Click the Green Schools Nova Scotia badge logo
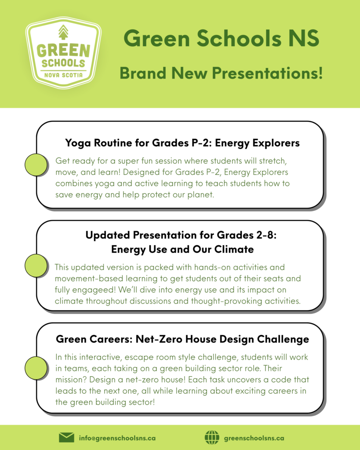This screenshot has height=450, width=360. click(x=63, y=53)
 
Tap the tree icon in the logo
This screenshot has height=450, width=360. click(x=63, y=32)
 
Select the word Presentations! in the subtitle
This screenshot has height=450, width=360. click(x=267, y=73)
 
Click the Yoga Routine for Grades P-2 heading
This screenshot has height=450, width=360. click(x=182, y=143)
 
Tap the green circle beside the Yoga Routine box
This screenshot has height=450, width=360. click(x=36, y=165)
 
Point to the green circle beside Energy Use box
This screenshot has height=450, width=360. click(x=36, y=265)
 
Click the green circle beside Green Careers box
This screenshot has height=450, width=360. click(x=36, y=368)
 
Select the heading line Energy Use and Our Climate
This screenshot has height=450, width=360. click(x=182, y=249)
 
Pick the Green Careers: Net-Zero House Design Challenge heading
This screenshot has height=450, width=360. click(x=182, y=339)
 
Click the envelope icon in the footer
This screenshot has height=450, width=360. click(x=66, y=438)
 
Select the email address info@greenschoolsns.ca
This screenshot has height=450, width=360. click(x=117, y=438)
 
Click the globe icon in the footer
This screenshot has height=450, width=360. click(x=212, y=438)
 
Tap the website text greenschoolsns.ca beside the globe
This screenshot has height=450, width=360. click(x=254, y=438)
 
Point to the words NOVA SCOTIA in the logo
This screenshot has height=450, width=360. click(x=63, y=75)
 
